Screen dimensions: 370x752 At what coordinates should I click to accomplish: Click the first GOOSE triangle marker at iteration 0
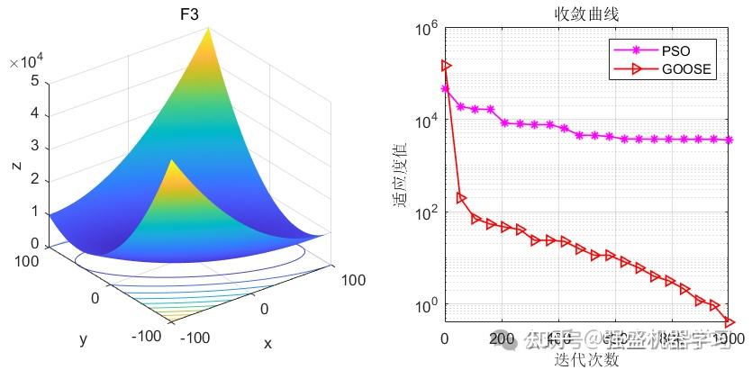coord(446,65)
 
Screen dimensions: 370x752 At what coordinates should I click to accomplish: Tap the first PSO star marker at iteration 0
coord(445,88)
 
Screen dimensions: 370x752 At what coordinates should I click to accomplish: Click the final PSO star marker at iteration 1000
coord(729,140)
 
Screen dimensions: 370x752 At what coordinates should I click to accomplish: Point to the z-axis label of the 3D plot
coord(17,165)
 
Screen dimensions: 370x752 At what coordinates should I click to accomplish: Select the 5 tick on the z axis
coord(32,81)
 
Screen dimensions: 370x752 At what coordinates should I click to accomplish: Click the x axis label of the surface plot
coord(267,343)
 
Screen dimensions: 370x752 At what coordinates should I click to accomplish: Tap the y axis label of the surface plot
coord(83,339)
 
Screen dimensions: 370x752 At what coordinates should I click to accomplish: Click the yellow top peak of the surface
coord(212,32)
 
